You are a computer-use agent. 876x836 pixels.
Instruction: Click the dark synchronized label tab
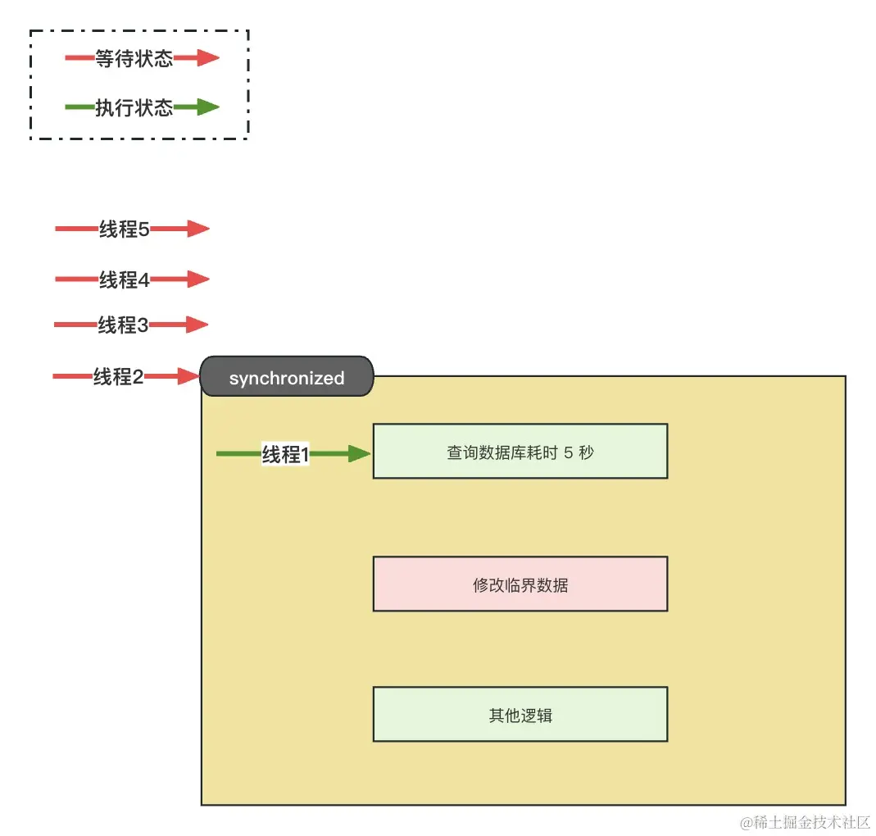point(287,378)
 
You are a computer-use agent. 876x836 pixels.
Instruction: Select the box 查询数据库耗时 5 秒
point(520,452)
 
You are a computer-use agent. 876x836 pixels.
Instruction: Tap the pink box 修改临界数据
point(520,584)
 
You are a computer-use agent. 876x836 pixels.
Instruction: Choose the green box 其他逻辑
point(520,715)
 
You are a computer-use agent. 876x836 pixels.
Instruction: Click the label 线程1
point(285,454)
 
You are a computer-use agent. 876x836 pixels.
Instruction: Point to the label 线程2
point(118,377)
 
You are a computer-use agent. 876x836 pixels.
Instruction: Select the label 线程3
point(123,325)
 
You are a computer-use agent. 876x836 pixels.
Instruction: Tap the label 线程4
point(124,279)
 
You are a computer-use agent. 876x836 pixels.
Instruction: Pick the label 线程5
point(124,229)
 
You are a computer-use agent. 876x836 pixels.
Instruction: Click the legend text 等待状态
point(134,58)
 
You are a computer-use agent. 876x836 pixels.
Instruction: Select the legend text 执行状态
point(134,107)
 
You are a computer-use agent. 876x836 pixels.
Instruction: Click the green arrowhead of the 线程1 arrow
point(360,454)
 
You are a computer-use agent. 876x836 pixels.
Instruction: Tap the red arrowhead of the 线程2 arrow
point(189,377)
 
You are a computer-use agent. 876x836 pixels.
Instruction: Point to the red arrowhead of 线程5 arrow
point(198,229)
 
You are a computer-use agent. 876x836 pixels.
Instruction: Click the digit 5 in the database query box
point(568,452)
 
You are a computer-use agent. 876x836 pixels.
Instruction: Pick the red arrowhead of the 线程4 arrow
point(198,279)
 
